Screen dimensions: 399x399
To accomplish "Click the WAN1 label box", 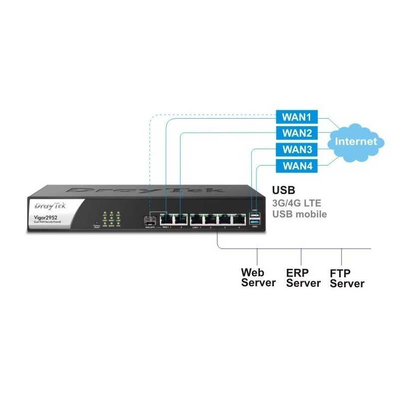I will [x=297, y=117].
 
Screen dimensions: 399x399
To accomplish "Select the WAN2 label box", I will [x=297, y=133].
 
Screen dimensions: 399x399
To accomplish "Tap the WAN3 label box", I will [x=297, y=149].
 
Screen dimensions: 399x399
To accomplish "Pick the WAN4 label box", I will [x=297, y=166].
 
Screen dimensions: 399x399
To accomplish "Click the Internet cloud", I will [x=356, y=141].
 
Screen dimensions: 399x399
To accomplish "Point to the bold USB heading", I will [x=283, y=191].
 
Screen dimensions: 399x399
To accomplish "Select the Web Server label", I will [x=258, y=277].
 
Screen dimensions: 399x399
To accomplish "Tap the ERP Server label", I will [x=303, y=278].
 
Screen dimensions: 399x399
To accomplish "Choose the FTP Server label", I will [x=347, y=278].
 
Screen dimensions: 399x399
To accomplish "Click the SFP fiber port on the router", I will [x=149, y=219].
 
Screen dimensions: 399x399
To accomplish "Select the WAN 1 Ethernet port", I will [x=166, y=219].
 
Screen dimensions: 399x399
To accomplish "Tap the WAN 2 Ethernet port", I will [x=181, y=219].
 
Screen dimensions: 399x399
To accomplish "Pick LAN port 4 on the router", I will [x=240, y=219].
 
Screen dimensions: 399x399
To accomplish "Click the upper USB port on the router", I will [x=255, y=215].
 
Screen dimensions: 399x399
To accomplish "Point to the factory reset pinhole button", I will [x=96, y=222].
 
